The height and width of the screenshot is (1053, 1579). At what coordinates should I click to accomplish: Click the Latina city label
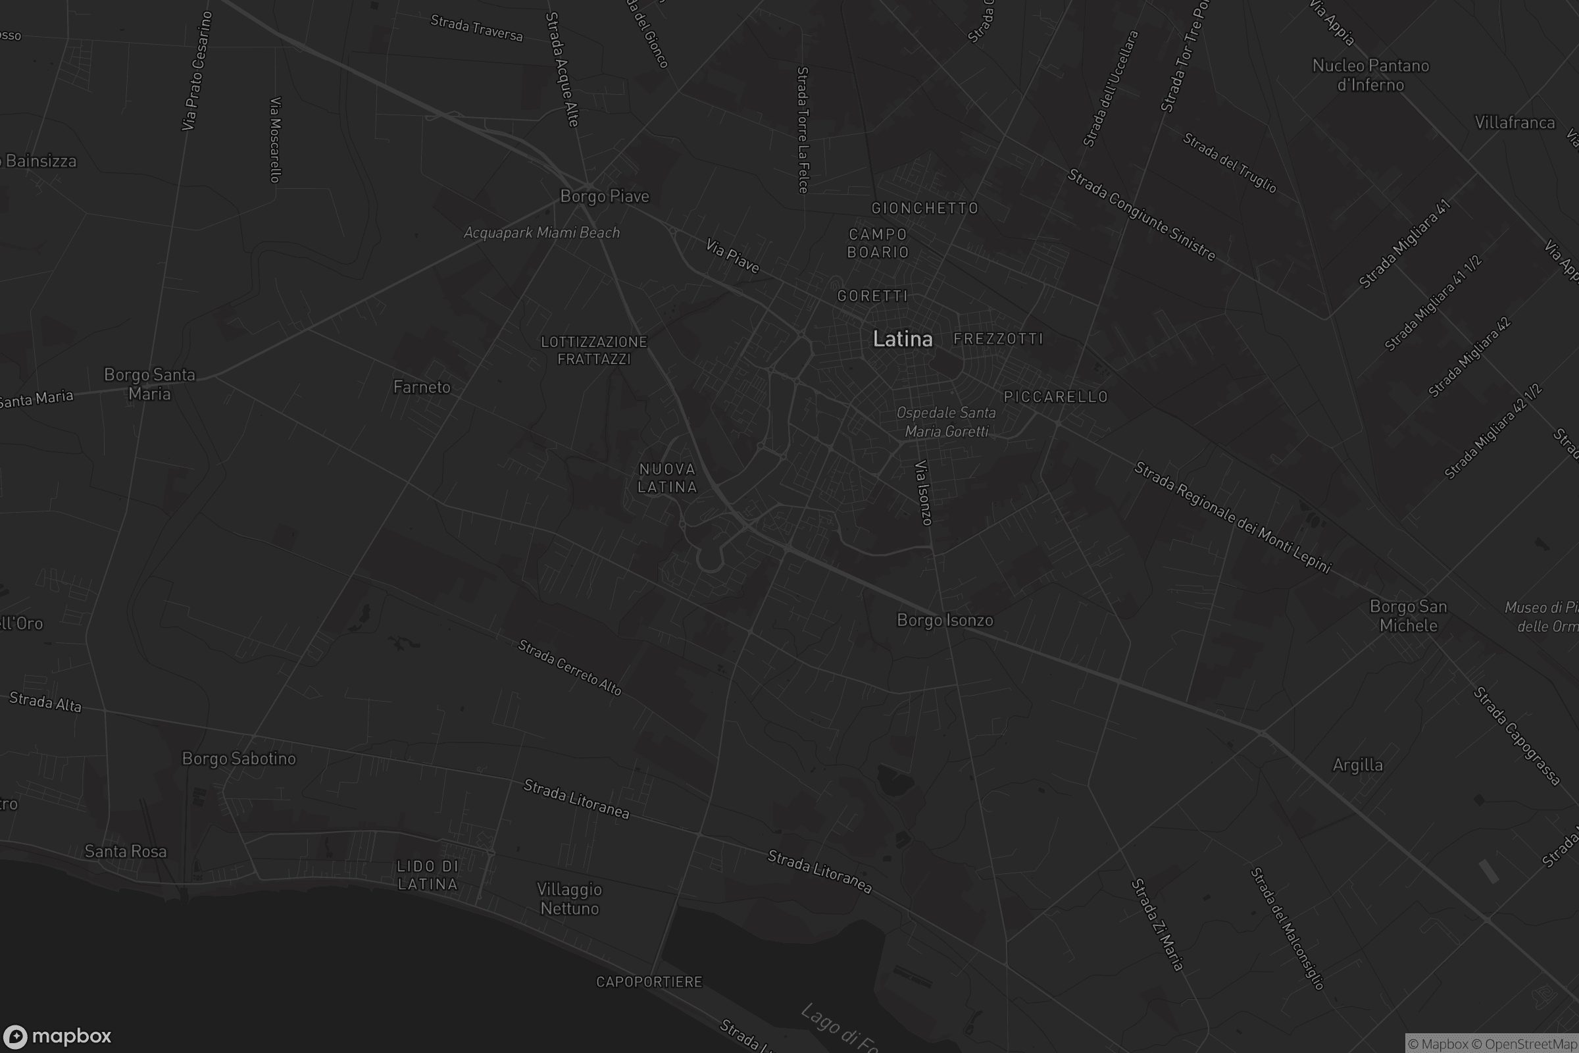(x=902, y=339)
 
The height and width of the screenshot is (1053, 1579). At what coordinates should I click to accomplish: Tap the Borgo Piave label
(x=604, y=196)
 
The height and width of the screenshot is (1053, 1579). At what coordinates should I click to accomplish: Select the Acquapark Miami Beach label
(x=541, y=232)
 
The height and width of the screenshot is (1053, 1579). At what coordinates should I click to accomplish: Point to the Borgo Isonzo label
(x=945, y=620)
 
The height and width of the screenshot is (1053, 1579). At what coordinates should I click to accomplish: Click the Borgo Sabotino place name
(x=239, y=758)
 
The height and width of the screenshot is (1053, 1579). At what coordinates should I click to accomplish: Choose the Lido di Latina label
(x=428, y=875)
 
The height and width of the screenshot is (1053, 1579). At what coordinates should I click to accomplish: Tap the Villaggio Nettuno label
(x=569, y=898)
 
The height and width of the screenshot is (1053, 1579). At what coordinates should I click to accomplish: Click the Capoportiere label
(x=649, y=982)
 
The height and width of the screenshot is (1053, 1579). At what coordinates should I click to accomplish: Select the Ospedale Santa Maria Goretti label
(x=946, y=422)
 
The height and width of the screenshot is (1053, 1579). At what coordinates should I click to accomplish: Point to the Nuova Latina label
(x=667, y=478)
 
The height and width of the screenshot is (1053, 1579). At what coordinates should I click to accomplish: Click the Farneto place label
(x=422, y=387)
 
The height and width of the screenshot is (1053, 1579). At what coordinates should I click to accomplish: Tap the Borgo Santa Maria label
(x=150, y=384)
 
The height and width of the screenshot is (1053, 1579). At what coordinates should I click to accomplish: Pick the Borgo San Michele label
(x=1408, y=616)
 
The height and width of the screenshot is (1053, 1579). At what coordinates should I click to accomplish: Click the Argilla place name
(x=1357, y=765)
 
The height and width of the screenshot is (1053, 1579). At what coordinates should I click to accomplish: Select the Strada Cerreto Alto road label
(x=569, y=667)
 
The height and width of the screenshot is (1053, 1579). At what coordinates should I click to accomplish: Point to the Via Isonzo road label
(x=924, y=492)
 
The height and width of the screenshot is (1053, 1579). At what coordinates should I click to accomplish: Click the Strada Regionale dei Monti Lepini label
(x=1232, y=517)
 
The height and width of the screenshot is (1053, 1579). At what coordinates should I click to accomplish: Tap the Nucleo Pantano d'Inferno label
(x=1370, y=75)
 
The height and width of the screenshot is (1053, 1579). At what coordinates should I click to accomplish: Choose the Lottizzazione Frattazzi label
(x=594, y=351)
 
